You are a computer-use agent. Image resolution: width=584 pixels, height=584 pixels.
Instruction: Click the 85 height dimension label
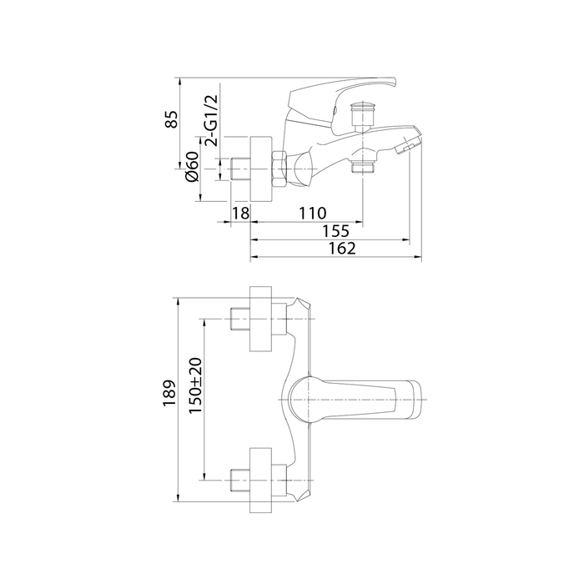[171, 119]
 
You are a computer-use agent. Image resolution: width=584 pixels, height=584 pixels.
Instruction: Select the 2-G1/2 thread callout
[211, 120]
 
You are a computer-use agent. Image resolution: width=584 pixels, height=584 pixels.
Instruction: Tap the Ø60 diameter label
[192, 167]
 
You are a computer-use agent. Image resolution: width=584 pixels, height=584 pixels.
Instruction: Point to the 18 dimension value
[240, 214]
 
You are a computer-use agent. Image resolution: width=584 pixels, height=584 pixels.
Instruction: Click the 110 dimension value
[313, 214]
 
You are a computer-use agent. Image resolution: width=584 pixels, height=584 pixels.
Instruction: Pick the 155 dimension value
[335, 231]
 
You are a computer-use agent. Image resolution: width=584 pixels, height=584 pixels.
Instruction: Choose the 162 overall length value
[342, 249]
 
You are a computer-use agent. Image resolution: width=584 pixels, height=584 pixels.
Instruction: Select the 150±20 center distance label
[195, 385]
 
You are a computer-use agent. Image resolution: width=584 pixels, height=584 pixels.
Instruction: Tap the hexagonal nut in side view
[279, 169]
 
